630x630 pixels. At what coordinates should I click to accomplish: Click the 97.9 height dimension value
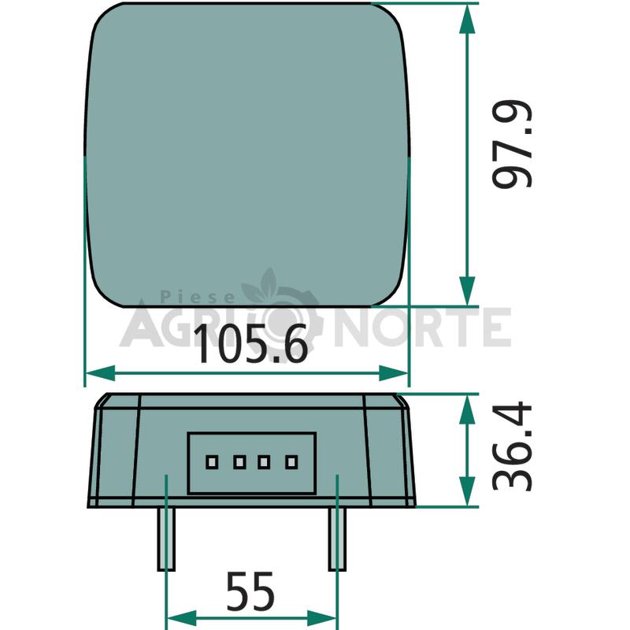512,143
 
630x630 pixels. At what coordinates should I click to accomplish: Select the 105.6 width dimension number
250,343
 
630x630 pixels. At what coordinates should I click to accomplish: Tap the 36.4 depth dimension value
512,446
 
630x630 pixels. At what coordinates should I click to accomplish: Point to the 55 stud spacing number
250,591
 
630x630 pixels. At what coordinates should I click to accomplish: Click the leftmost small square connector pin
212,462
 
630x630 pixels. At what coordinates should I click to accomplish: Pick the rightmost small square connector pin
291,462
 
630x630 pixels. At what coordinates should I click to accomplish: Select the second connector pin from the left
239,462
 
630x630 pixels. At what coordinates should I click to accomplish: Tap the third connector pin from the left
264,462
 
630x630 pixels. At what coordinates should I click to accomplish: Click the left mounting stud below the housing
166,539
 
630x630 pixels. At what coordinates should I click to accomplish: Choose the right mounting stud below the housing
338,539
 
